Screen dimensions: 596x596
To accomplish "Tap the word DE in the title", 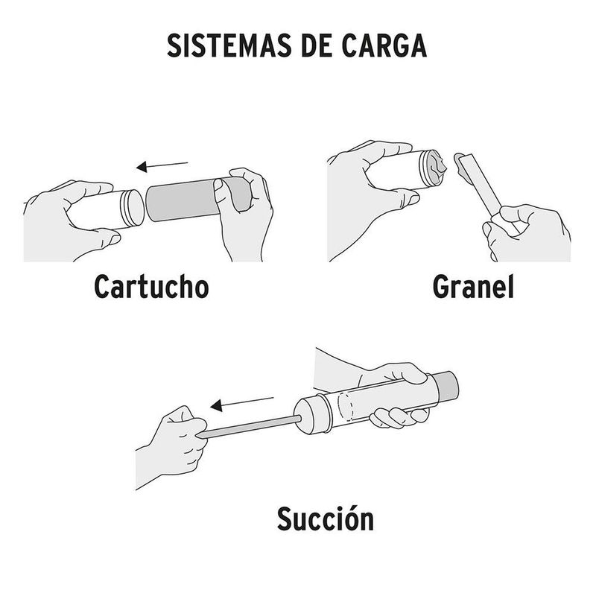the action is point(317,45).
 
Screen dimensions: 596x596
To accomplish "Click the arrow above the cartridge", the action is point(162,165).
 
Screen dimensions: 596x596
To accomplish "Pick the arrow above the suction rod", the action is point(241,404).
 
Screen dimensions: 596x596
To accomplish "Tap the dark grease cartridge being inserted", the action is point(190,200).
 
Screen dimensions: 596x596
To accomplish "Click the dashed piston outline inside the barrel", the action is point(346,407).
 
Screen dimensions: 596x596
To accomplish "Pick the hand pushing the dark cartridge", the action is point(244,213).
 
